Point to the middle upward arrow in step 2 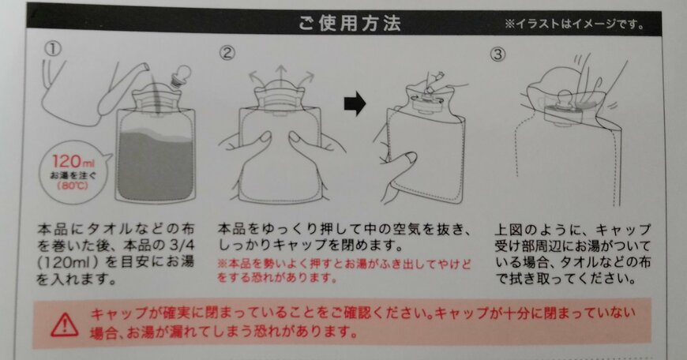tap(280, 77)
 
